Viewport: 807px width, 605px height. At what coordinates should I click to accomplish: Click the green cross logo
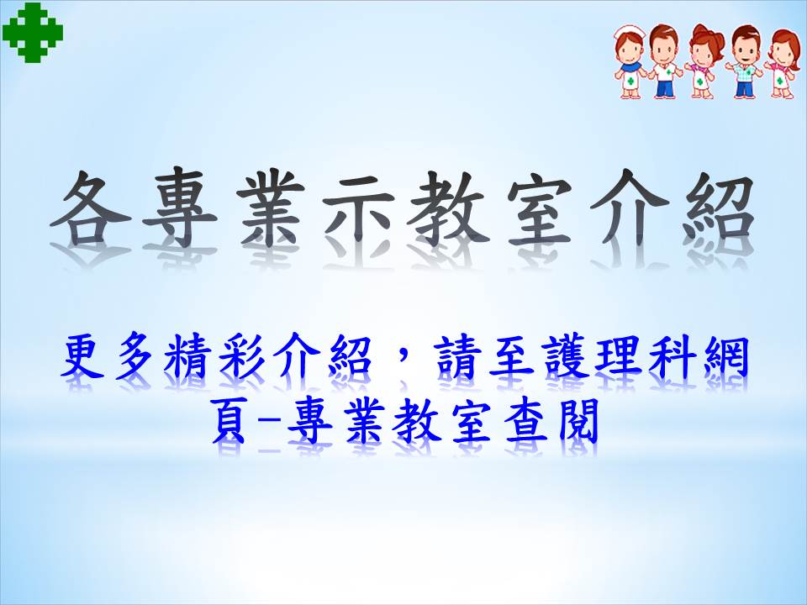[x=33, y=33]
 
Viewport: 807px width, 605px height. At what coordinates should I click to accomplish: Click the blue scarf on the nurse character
[x=630, y=68]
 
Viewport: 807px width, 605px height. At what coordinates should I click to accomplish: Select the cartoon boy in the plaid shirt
[x=744, y=61]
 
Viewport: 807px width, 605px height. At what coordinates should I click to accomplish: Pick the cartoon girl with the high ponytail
[x=702, y=61]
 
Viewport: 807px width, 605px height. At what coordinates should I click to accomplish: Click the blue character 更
[x=82, y=355]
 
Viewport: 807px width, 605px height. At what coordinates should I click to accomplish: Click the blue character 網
[x=725, y=355]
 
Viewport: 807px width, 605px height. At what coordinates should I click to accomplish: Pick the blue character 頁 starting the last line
[x=229, y=421]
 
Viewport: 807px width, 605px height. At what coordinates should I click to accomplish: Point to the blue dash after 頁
[x=267, y=423]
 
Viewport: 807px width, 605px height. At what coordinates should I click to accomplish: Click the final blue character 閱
[x=578, y=421]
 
